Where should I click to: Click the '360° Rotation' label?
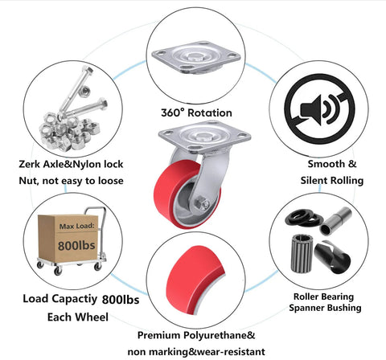tap(196, 112)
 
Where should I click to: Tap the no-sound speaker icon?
tap(319, 109)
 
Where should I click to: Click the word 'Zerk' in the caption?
tap(30, 164)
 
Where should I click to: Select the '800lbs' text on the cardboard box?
tap(76, 245)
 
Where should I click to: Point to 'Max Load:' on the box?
tap(77, 227)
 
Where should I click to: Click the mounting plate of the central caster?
tap(204, 137)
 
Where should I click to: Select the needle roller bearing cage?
tap(302, 253)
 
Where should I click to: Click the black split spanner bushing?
tap(332, 257)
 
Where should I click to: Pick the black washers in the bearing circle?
tap(304, 217)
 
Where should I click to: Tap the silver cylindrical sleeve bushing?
tap(335, 221)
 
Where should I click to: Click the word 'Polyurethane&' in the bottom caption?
tap(220, 335)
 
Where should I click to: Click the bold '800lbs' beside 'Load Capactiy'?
tap(121, 300)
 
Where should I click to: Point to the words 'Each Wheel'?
tap(78, 317)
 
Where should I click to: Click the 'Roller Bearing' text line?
tap(324, 297)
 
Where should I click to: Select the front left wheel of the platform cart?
tap(57, 270)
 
